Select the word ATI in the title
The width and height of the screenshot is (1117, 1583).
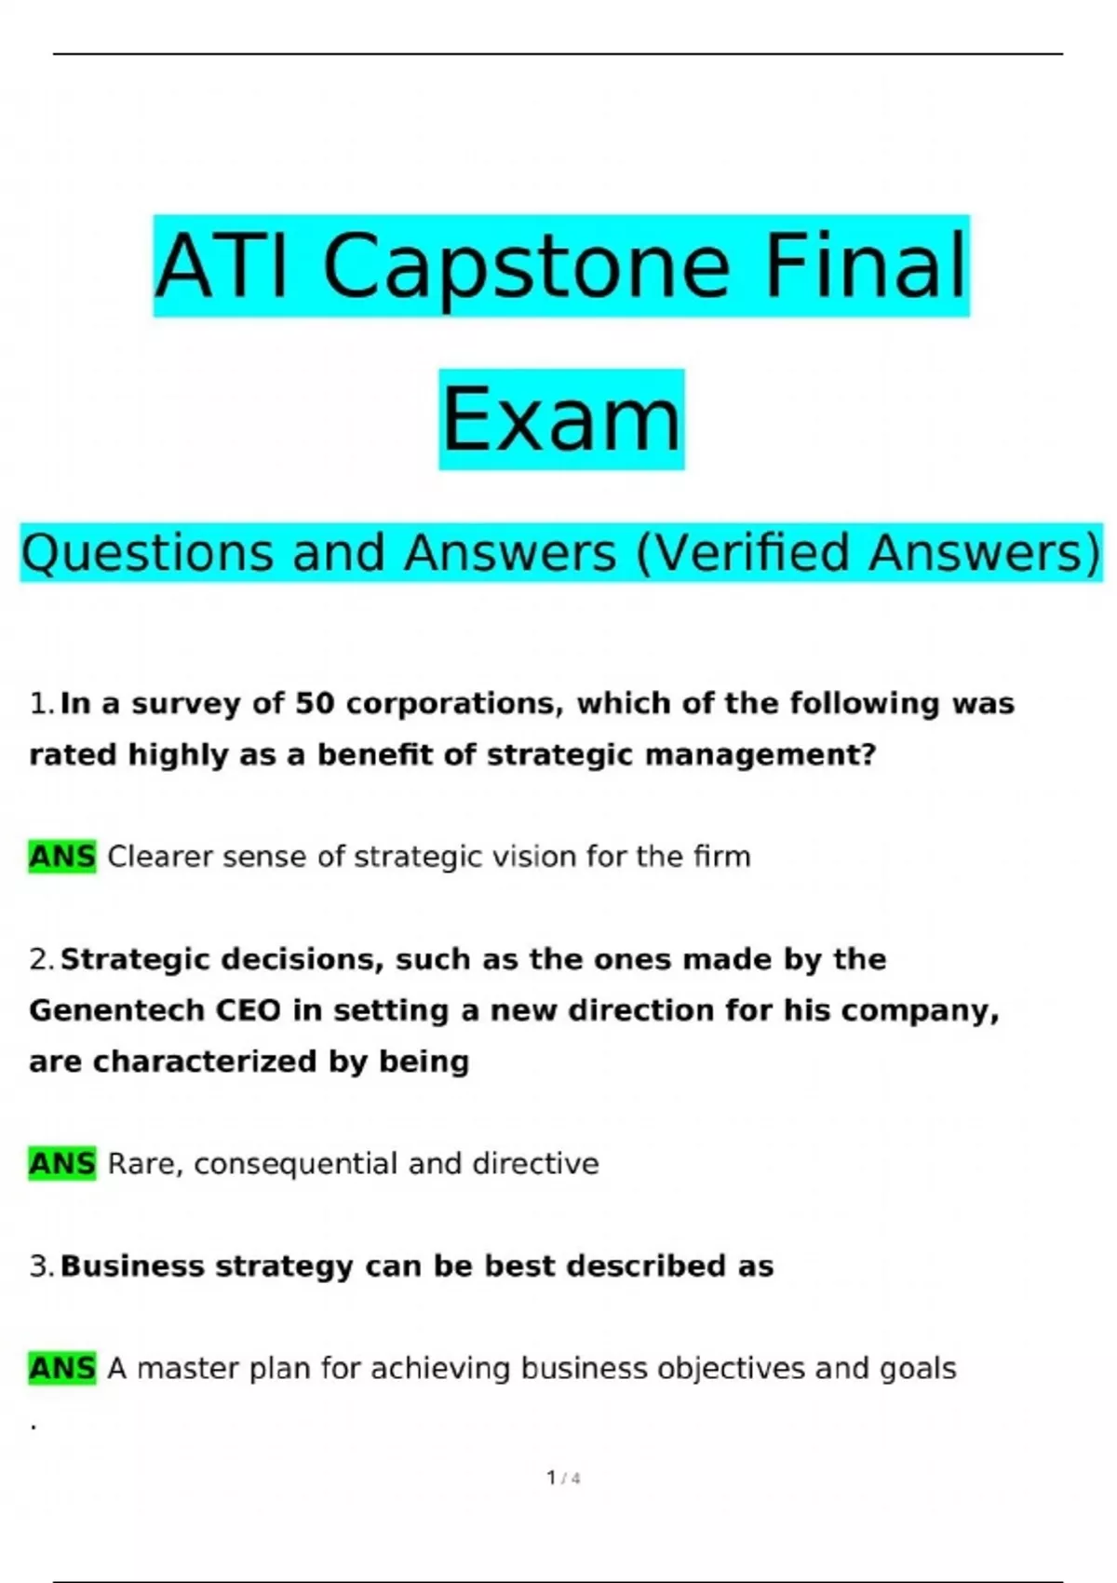click(x=222, y=265)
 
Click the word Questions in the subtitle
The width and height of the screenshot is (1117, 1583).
click(x=148, y=553)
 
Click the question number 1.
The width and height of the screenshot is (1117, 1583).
click(x=41, y=704)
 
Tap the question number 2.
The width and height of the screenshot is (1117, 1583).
click(x=41, y=960)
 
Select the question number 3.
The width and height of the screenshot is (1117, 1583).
click(x=41, y=1266)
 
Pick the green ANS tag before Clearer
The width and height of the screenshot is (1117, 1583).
click(x=62, y=857)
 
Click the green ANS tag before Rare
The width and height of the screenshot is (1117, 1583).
click(x=62, y=1164)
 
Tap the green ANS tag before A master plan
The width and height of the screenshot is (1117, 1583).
click(x=62, y=1369)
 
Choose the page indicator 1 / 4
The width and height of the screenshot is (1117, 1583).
click(x=563, y=1478)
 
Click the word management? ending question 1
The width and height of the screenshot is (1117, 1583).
click(x=760, y=756)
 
